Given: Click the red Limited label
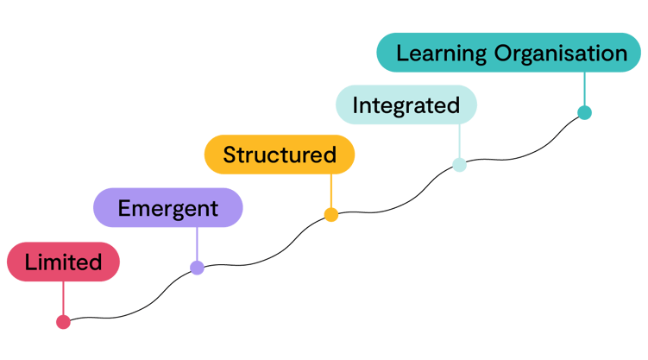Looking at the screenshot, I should point(63,262).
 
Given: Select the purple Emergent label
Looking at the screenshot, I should point(167,208).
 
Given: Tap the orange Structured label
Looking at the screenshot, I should point(279,155).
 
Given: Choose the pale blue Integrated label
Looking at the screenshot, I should point(406,105).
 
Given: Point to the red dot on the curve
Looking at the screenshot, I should point(63,322).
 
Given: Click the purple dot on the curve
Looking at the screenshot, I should point(197,268).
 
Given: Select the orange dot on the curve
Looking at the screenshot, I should point(330,215).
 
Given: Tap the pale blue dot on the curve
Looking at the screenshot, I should point(459,165).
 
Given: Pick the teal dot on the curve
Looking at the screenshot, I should point(584,112).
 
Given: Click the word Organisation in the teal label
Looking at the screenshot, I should point(561,54).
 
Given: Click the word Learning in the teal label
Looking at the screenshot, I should point(442,54).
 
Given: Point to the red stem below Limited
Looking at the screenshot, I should point(63,299).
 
